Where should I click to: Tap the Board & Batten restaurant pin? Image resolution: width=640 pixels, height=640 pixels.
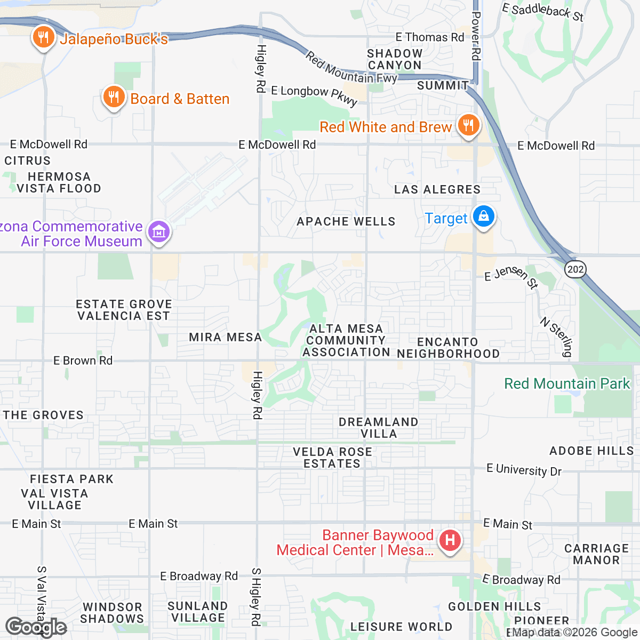(113, 98)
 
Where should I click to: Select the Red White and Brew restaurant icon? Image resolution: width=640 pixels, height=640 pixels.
(468, 125)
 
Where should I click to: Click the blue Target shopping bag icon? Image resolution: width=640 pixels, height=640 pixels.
(484, 217)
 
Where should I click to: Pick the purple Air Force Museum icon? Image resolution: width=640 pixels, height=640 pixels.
(158, 233)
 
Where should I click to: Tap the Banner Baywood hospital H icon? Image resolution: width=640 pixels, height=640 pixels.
(450, 541)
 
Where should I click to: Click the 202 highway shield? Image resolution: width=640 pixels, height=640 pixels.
(575, 269)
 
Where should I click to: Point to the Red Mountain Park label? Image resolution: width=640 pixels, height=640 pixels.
(567, 383)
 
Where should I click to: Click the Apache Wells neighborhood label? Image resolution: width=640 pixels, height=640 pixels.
(346, 221)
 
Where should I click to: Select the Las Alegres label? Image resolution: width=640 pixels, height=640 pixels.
(437, 189)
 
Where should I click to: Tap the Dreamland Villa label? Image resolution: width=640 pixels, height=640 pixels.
(378, 428)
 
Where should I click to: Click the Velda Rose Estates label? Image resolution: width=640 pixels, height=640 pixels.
(332, 458)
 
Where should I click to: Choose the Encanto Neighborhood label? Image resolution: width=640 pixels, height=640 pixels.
(448, 348)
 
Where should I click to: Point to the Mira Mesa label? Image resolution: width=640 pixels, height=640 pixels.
(225, 337)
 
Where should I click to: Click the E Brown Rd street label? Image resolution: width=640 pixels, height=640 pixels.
(83, 361)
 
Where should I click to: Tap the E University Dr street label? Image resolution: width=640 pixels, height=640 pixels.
(524, 470)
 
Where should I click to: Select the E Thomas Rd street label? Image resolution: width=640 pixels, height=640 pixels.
(429, 37)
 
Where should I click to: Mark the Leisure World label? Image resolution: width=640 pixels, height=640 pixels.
(401, 627)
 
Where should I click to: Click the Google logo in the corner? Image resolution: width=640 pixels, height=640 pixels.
(36, 627)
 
